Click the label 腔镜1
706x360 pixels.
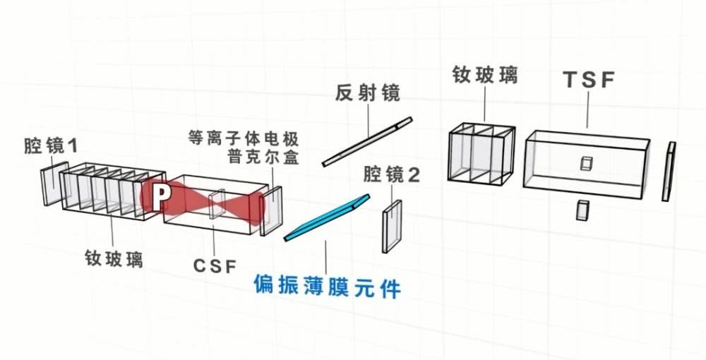coord(49,147)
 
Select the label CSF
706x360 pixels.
coord(215,265)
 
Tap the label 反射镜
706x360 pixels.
coord(367,92)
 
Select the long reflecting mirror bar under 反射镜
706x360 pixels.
coord(366,142)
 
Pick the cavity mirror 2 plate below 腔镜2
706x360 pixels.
coord(392,226)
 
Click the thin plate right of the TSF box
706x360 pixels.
coord(669,171)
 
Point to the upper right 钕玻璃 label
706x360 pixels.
coord(485,75)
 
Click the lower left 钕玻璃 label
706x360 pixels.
coord(114,258)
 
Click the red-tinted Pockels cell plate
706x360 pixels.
coord(271,210)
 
